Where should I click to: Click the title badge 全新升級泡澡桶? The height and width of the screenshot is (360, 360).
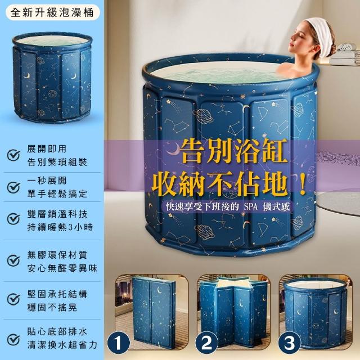pyautogui.click(x=52, y=12)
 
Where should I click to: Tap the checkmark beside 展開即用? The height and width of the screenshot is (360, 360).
pyautogui.click(x=13, y=155)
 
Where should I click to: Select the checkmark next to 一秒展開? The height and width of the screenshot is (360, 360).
pyautogui.click(x=13, y=187)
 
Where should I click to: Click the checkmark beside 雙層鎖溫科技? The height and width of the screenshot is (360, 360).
pyautogui.click(x=13, y=219)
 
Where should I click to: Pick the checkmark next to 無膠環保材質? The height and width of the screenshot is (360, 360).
pyautogui.click(x=13, y=260)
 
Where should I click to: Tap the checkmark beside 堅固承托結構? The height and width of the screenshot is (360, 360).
pyautogui.click(x=13, y=299)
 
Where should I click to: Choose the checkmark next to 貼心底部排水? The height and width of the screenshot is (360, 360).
pyautogui.click(x=13, y=340)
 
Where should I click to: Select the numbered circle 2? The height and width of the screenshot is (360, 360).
pyautogui.click(x=206, y=343)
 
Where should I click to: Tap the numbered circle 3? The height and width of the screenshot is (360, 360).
pyautogui.click(x=289, y=343)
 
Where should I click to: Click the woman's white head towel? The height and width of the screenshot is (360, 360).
pyautogui.click(x=320, y=37)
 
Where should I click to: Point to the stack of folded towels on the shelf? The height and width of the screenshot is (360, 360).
pyautogui.click(x=344, y=54)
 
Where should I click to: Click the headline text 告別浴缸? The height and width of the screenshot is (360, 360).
pyautogui.click(x=233, y=151)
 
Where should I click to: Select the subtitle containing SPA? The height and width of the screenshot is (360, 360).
pyautogui.click(x=228, y=207)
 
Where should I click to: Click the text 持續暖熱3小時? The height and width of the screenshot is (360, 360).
pyautogui.click(x=60, y=227)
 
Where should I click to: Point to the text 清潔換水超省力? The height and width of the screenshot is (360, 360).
pyautogui.click(x=62, y=345)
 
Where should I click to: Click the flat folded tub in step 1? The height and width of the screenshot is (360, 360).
pyautogui.click(x=154, y=310)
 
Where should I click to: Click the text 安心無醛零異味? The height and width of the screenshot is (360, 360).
pyautogui.click(x=62, y=268)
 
